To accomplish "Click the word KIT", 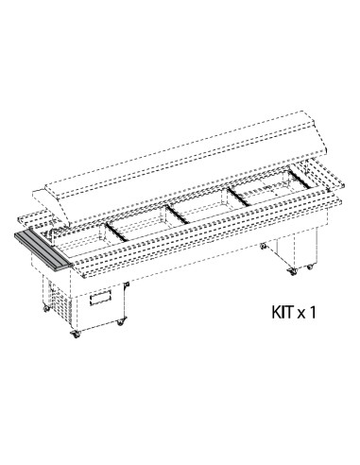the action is (x=283, y=312).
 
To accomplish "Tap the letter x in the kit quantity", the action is (x=301, y=314).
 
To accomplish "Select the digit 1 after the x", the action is (x=312, y=312).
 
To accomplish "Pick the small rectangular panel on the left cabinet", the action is (x=100, y=298).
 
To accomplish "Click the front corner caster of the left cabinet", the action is (x=76, y=335).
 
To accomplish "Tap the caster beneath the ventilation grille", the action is (x=46, y=309).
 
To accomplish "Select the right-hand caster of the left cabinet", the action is (x=120, y=322).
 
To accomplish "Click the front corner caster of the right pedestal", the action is (x=293, y=271).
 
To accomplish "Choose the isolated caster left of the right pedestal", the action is (x=264, y=246).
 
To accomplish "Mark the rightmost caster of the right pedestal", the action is (x=310, y=267).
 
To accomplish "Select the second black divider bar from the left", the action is (x=179, y=215).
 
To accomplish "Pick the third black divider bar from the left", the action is (x=240, y=197).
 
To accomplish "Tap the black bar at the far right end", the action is (x=300, y=180).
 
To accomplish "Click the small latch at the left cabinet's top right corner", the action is (x=128, y=284).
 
